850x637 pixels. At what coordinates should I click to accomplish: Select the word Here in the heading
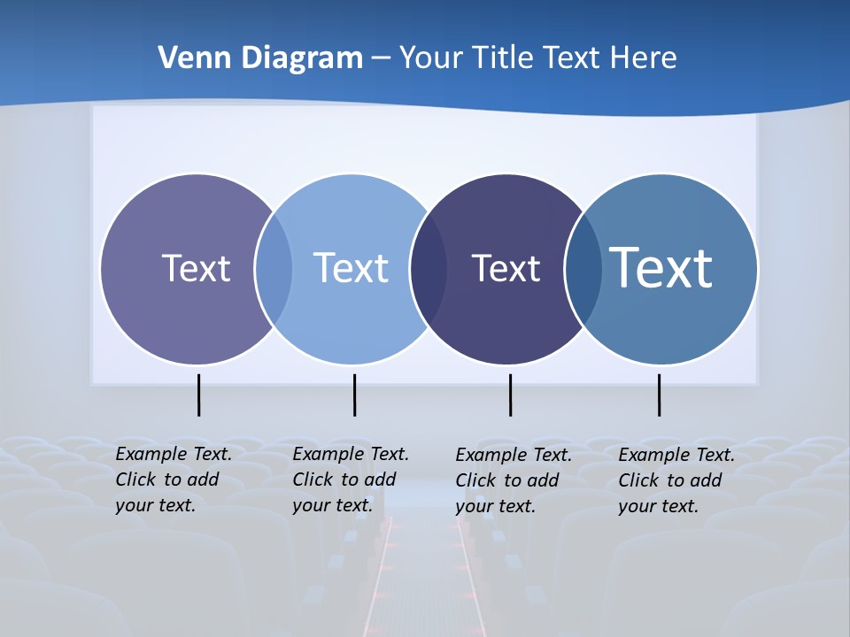pos(643,58)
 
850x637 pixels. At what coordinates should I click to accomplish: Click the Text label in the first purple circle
pos(196,268)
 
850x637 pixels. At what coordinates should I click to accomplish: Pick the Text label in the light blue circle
pos(351,268)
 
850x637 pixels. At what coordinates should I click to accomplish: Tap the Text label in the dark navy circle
pos(506,268)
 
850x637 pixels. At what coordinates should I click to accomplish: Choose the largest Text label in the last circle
pos(661,267)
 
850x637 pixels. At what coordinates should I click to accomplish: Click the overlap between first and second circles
pos(274,269)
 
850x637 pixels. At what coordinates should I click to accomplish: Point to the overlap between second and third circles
pos(429,269)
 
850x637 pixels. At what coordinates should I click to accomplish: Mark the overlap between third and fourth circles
pos(583,269)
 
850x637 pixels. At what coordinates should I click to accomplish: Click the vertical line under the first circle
pos(198,395)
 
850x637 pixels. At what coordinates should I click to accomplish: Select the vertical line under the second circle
pos(354,395)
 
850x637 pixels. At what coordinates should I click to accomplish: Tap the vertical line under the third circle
pos(510,395)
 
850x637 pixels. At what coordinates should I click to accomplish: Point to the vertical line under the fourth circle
pos(659,395)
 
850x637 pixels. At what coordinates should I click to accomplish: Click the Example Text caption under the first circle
pos(174,480)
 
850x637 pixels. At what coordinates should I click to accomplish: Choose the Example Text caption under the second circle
pos(351,480)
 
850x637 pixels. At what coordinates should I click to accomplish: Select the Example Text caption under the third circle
pos(514,480)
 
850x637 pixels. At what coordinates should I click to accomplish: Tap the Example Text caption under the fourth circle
pos(676,480)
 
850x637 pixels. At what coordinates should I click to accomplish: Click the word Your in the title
pos(431,58)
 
